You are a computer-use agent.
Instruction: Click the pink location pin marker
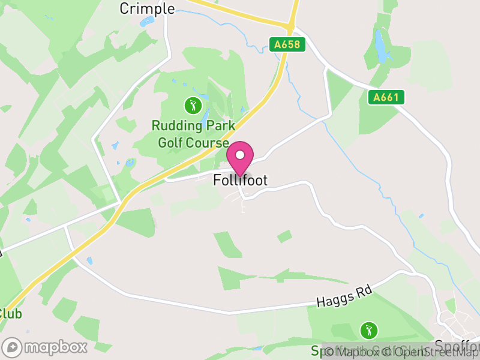(x=240, y=158)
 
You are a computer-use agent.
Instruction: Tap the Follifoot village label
(x=240, y=180)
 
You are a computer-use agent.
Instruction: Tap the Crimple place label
(x=147, y=8)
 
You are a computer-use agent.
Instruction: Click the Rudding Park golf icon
(x=193, y=106)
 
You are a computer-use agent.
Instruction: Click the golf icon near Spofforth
(x=368, y=329)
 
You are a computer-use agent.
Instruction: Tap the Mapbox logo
(x=45, y=347)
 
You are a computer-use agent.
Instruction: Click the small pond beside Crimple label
(x=146, y=22)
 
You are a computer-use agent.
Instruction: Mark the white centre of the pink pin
(x=240, y=155)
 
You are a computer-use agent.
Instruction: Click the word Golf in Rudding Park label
(x=171, y=142)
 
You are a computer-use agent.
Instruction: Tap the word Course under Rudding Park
(x=208, y=142)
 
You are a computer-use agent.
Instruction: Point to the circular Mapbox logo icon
(x=12, y=347)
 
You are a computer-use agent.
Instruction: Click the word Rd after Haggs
(x=364, y=292)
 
